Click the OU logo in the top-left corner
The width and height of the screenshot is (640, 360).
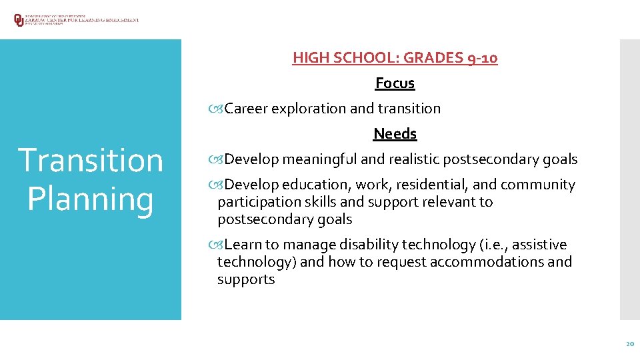tap(19, 20)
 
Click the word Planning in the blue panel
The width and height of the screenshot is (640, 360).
tap(91, 199)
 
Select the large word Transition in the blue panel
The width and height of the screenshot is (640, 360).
tap(91, 161)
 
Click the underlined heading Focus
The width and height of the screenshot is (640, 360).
tap(395, 83)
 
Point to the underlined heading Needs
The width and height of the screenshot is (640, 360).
tap(395, 134)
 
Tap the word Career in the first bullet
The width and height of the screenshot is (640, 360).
tap(246, 109)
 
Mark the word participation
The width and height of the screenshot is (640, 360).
tap(257, 202)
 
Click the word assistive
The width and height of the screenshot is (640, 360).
tap(540, 245)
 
